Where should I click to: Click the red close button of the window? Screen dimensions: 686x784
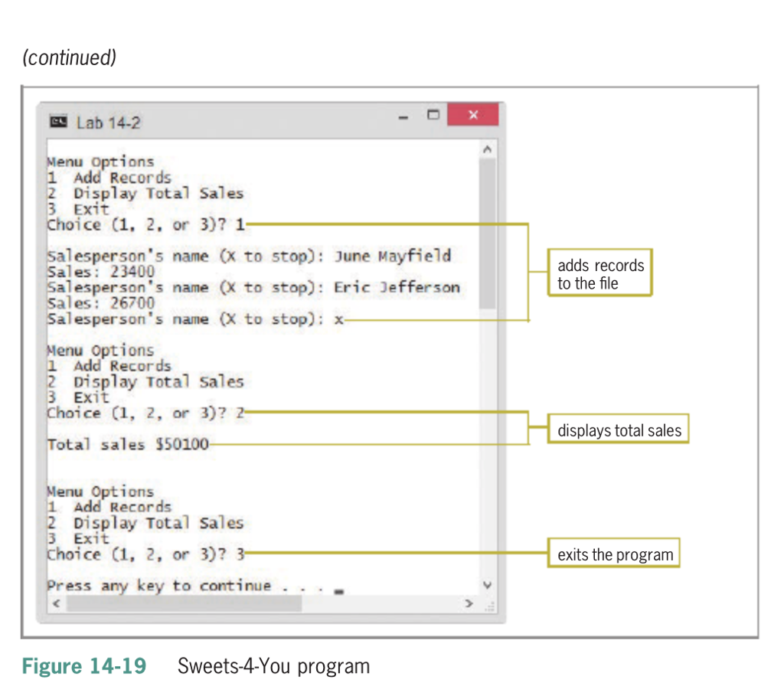pyautogui.click(x=472, y=116)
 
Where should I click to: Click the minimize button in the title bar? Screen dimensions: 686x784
pyautogui.click(x=404, y=116)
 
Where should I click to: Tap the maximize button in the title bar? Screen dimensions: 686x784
pyautogui.click(x=433, y=116)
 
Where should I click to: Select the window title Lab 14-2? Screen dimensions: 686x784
pyautogui.click(x=108, y=122)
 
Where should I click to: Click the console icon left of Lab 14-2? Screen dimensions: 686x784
pyautogui.click(x=58, y=122)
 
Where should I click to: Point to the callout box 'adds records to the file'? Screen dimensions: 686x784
pyautogui.click(x=600, y=274)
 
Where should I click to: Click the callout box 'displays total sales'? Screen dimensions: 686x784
pyautogui.click(x=619, y=430)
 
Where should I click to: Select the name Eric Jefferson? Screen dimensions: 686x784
pyautogui.click(x=397, y=288)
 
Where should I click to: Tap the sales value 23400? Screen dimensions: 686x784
pyautogui.click(x=120, y=272)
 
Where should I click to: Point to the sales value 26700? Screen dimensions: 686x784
pyautogui.click(x=120, y=303)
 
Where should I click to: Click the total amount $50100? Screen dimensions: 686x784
pyautogui.click(x=181, y=444)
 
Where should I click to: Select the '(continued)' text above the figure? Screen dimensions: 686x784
pyautogui.click(x=70, y=57)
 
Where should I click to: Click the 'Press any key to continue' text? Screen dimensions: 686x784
pyautogui.click(x=159, y=586)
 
